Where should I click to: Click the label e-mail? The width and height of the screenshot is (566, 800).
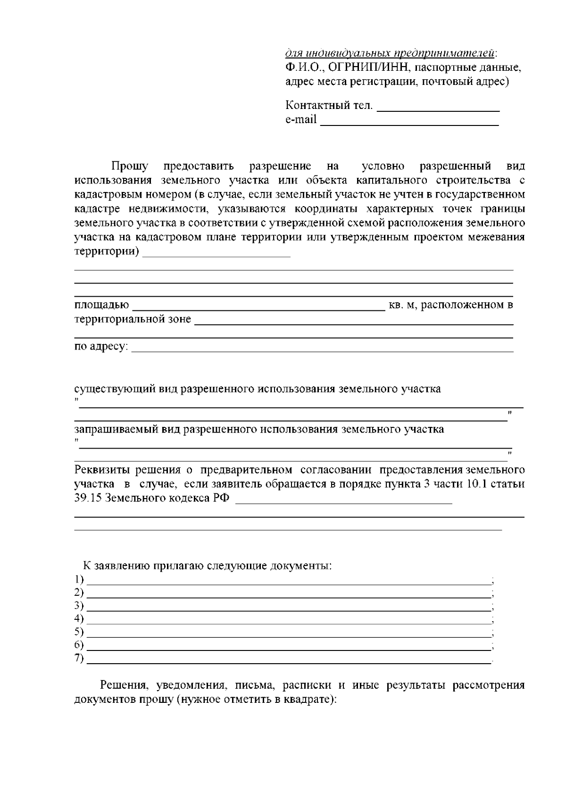[301, 119]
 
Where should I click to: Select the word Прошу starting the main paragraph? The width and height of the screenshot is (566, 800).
[130, 166]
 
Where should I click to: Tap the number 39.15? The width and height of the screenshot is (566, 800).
[88, 499]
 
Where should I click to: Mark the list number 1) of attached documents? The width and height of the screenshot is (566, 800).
[79, 579]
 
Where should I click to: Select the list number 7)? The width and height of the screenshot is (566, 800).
[79, 658]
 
